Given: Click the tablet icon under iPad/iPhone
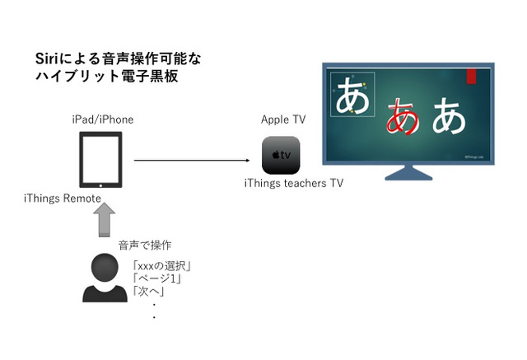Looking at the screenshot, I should pos(100,160).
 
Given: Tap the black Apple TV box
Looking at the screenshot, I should pos(281,155).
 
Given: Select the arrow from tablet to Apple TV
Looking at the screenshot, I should pos(191,160).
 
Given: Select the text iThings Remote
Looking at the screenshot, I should pos(63,199).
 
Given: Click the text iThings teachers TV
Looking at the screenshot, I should pos(293,183).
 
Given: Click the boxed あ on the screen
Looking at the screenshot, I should pos(352,96).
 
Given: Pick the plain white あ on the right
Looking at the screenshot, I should pos(449,116).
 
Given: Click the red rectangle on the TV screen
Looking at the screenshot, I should pos(471,77).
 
